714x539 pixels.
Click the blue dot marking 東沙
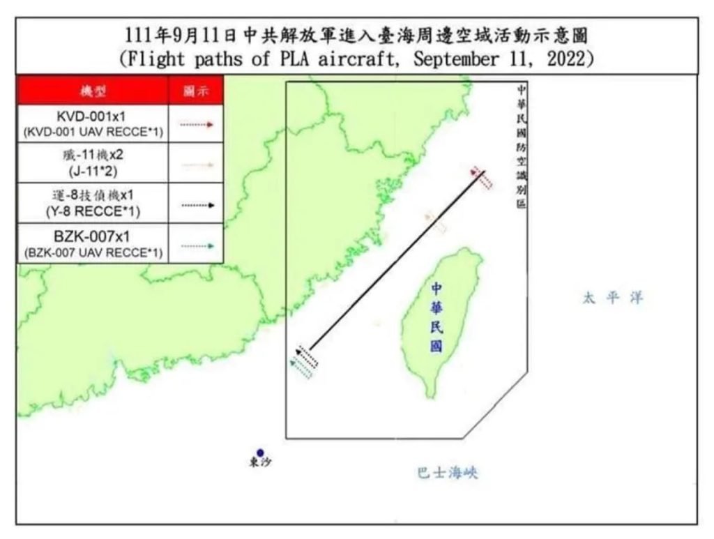tap(260, 453)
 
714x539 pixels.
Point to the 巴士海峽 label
tap(447, 473)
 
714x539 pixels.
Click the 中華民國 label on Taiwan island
tap(436, 318)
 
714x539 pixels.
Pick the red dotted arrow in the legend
tap(196, 124)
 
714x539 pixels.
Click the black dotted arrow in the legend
tap(196, 205)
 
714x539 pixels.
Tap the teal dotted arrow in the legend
tap(196, 245)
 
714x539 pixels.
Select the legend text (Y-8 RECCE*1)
tap(93, 210)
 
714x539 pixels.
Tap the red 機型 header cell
tap(93, 91)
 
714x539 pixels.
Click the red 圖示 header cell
tap(196, 91)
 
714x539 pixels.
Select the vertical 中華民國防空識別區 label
tap(523, 146)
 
